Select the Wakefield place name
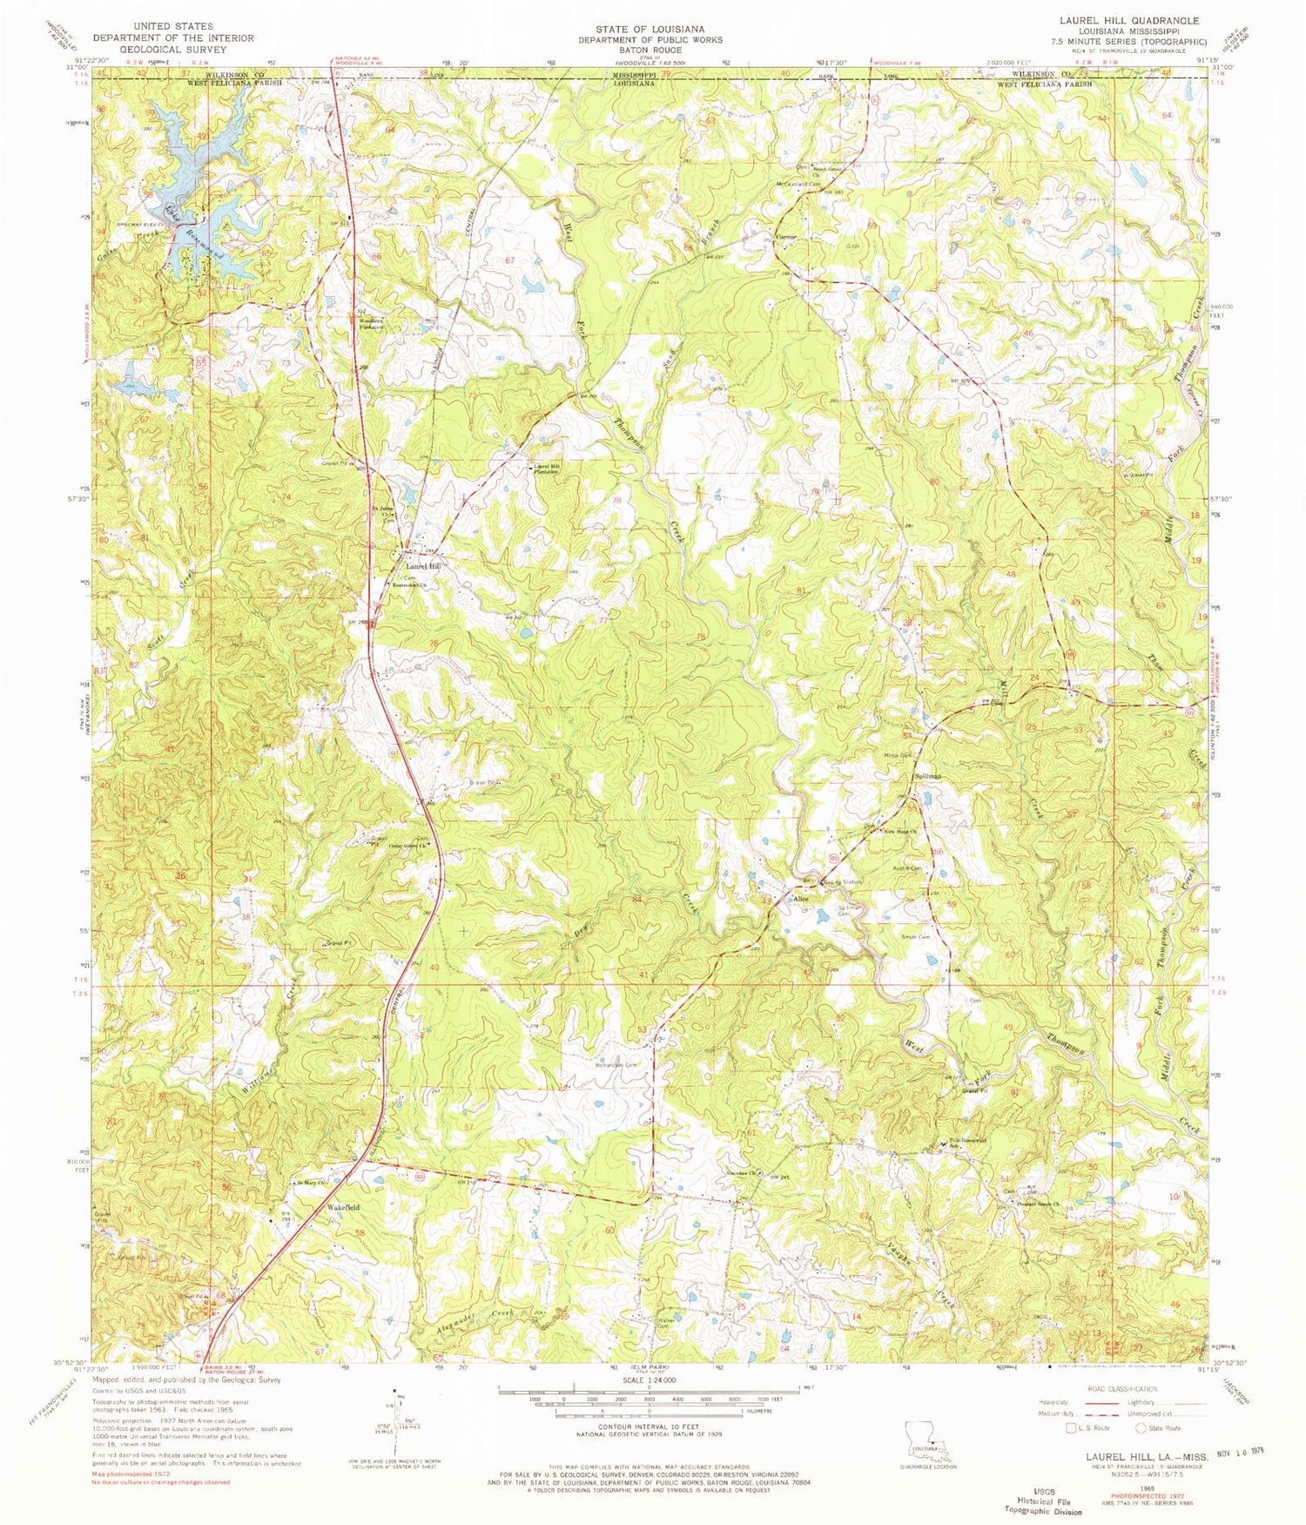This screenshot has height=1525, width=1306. point(342,1208)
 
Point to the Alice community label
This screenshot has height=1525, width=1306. point(801,899)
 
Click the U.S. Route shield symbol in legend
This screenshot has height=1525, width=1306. point(1070,1427)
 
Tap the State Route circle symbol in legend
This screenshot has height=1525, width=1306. point(1141,1427)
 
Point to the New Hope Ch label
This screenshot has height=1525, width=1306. point(901,833)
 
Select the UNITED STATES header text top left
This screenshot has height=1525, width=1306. point(173,27)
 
